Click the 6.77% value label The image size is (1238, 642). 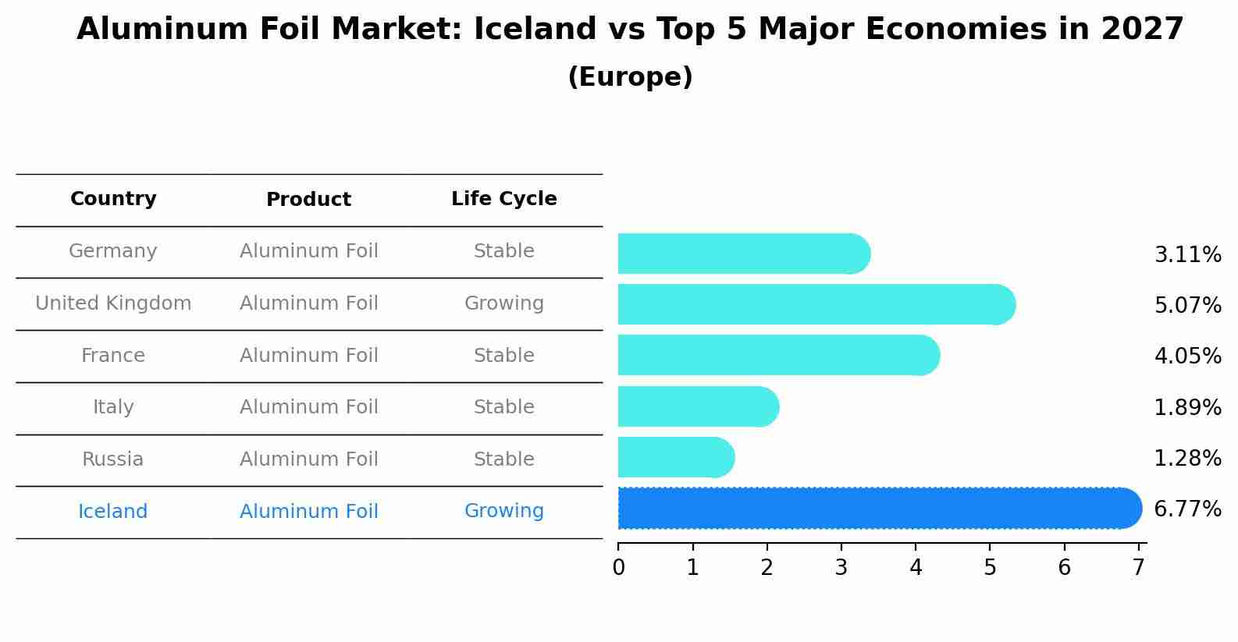[x=1187, y=509]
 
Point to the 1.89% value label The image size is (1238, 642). [x=1187, y=407]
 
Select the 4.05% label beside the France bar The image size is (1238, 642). [x=1187, y=356]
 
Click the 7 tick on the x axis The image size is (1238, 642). [x=1139, y=567]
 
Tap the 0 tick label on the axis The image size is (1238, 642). [x=618, y=567]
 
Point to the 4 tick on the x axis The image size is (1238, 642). [x=916, y=567]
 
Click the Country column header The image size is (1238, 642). [x=113, y=199]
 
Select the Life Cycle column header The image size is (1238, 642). [x=503, y=199]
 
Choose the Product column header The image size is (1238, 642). [x=308, y=200]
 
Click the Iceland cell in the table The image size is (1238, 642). [x=112, y=512]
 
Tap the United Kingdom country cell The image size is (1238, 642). [x=113, y=303]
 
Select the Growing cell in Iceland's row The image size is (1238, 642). [x=503, y=511]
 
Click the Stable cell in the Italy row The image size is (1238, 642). [x=503, y=407]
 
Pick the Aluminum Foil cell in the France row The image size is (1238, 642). [x=308, y=356]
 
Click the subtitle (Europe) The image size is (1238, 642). [x=630, y=77]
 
